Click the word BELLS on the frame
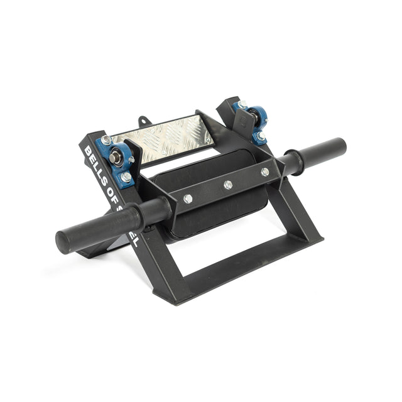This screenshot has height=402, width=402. (95, 161)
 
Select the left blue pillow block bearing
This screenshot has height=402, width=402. (119, 160)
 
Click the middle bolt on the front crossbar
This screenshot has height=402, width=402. (227, 185)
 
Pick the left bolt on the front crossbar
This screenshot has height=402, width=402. (188, 198)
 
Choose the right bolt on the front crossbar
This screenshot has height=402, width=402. (265, 171)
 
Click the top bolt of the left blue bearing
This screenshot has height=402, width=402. (107, 140)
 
